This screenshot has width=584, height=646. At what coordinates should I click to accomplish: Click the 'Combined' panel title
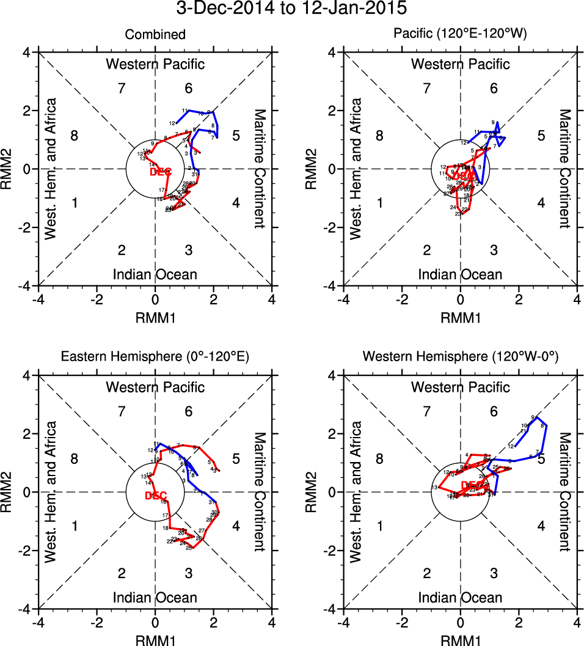tap(155, 35)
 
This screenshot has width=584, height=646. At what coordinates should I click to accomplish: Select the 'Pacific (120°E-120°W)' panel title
tap(460, 35)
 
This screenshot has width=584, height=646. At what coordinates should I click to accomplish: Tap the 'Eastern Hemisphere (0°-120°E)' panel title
tap(155, 358)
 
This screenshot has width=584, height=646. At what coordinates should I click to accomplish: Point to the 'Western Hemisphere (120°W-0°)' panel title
tap(460, 358)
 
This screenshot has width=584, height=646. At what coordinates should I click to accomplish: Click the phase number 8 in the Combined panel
tap(75, 136)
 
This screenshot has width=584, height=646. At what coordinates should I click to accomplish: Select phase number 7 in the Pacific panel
tap(426, 89)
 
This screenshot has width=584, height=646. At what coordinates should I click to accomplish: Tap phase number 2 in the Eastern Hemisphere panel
tap(122, 573)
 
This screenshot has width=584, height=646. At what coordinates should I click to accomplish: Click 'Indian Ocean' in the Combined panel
tap(155, 274)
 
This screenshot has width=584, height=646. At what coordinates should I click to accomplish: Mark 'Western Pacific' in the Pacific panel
tap(460, 64)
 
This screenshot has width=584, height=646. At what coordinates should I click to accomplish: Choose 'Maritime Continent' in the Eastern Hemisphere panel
tap(260, 491)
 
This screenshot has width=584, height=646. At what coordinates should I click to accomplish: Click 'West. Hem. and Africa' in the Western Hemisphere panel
tap(356, 491)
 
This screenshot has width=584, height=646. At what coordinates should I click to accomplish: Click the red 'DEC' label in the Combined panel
tap(160, 172)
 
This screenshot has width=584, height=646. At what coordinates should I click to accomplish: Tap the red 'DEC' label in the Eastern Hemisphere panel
tap(156, 495)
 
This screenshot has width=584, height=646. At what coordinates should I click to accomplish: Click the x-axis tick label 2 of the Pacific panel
tap(519, 300)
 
